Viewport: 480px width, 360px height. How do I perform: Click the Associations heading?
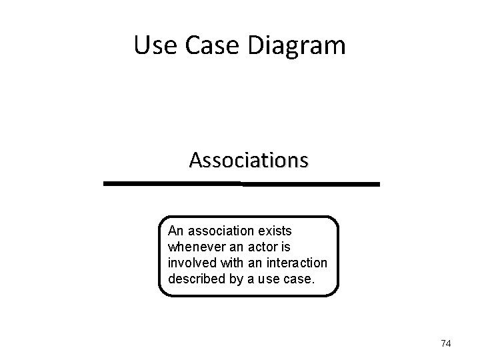tap(249, 161)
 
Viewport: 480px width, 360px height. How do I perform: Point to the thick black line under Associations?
tap(241, 183)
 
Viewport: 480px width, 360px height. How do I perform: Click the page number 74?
tap(446, 343)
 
